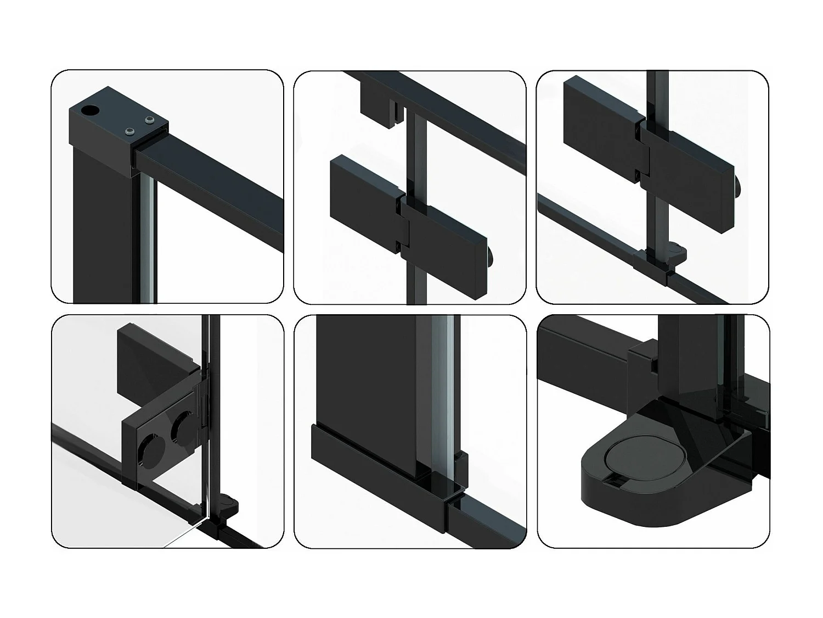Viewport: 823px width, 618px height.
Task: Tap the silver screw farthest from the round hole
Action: (149, 120)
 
